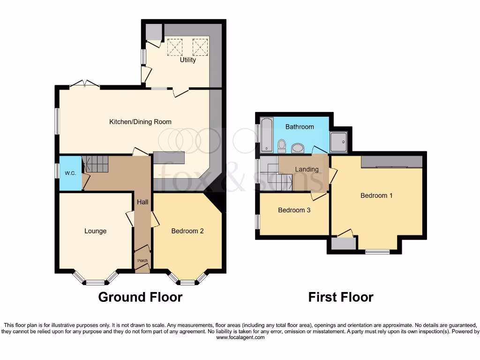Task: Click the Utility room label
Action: point(188,60)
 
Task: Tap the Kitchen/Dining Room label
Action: point(140,122)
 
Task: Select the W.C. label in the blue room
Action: point(70,173)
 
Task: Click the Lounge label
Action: point(95,231)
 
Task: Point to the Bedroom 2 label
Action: point(187,231)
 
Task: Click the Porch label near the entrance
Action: point(142,261)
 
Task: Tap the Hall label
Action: point(142,202)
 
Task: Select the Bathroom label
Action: point(300,127)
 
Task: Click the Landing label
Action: point(307,169)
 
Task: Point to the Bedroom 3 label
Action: point(294,210)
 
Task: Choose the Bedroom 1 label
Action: point(376,195)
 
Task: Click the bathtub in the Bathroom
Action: point(266,136)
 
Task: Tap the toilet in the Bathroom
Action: point(282,146)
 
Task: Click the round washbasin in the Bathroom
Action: point(298,149)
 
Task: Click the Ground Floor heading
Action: point(140,297)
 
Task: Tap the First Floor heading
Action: point(341,297)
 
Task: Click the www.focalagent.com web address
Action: point(240,337)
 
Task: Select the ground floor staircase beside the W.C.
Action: point(96,165)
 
